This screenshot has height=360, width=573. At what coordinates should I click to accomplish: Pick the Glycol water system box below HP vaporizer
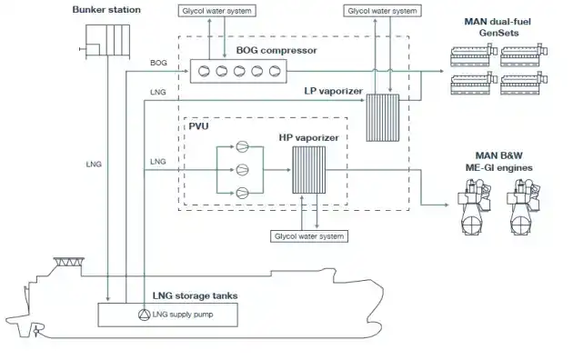308,235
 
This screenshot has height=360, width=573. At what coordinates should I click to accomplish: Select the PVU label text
199,127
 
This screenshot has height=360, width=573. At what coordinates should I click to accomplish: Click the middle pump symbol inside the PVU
242,168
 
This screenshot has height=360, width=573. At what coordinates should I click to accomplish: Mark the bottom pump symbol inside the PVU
242,191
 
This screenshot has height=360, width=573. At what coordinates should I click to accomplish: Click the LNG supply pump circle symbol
144,315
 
